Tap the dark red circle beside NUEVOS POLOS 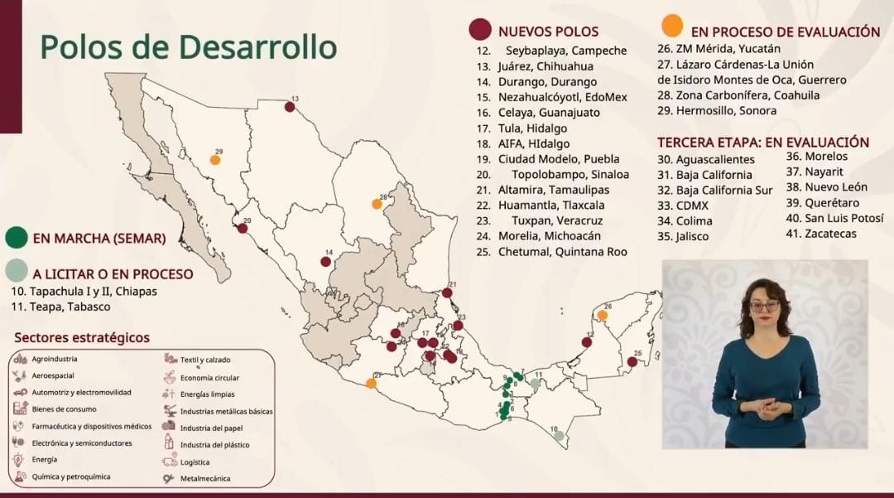point(480,31)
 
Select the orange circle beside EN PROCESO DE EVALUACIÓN point(673,25)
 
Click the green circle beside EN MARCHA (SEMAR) point(16,238)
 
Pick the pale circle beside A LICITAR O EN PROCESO point(16,270)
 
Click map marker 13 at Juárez point(290,107)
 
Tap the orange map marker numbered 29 point(215,160)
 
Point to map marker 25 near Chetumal point(632,361)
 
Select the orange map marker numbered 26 point(603,315)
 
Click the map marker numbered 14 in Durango point(326,262)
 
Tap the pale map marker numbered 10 point(559,436)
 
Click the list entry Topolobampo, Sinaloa point(570,175)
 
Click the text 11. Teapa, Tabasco point(60,307)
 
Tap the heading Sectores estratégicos point(82,338)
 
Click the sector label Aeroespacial point(53,375)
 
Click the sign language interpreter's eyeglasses point(764,306)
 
